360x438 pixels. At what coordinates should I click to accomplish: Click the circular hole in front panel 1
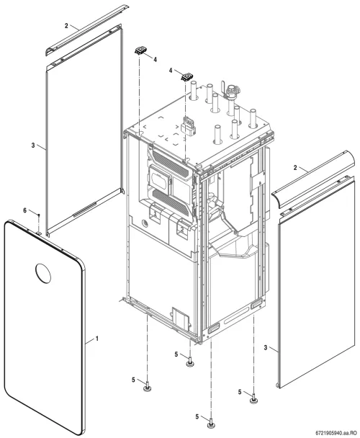(x=43, y=273)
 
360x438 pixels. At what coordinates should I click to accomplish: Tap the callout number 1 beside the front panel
(x=97, y=339)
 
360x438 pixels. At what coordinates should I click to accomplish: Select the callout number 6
(x=25, y=210)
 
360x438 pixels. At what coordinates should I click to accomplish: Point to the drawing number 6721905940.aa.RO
(x=336, y=433)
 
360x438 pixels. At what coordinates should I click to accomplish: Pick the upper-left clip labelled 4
(x=140, y=50)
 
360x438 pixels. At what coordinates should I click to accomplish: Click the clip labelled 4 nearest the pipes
(x=187, y=76)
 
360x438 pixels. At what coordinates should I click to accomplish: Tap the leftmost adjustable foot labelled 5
(x=148, y=388)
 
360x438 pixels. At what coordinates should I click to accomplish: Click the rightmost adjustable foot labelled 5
(x=253, y=398)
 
